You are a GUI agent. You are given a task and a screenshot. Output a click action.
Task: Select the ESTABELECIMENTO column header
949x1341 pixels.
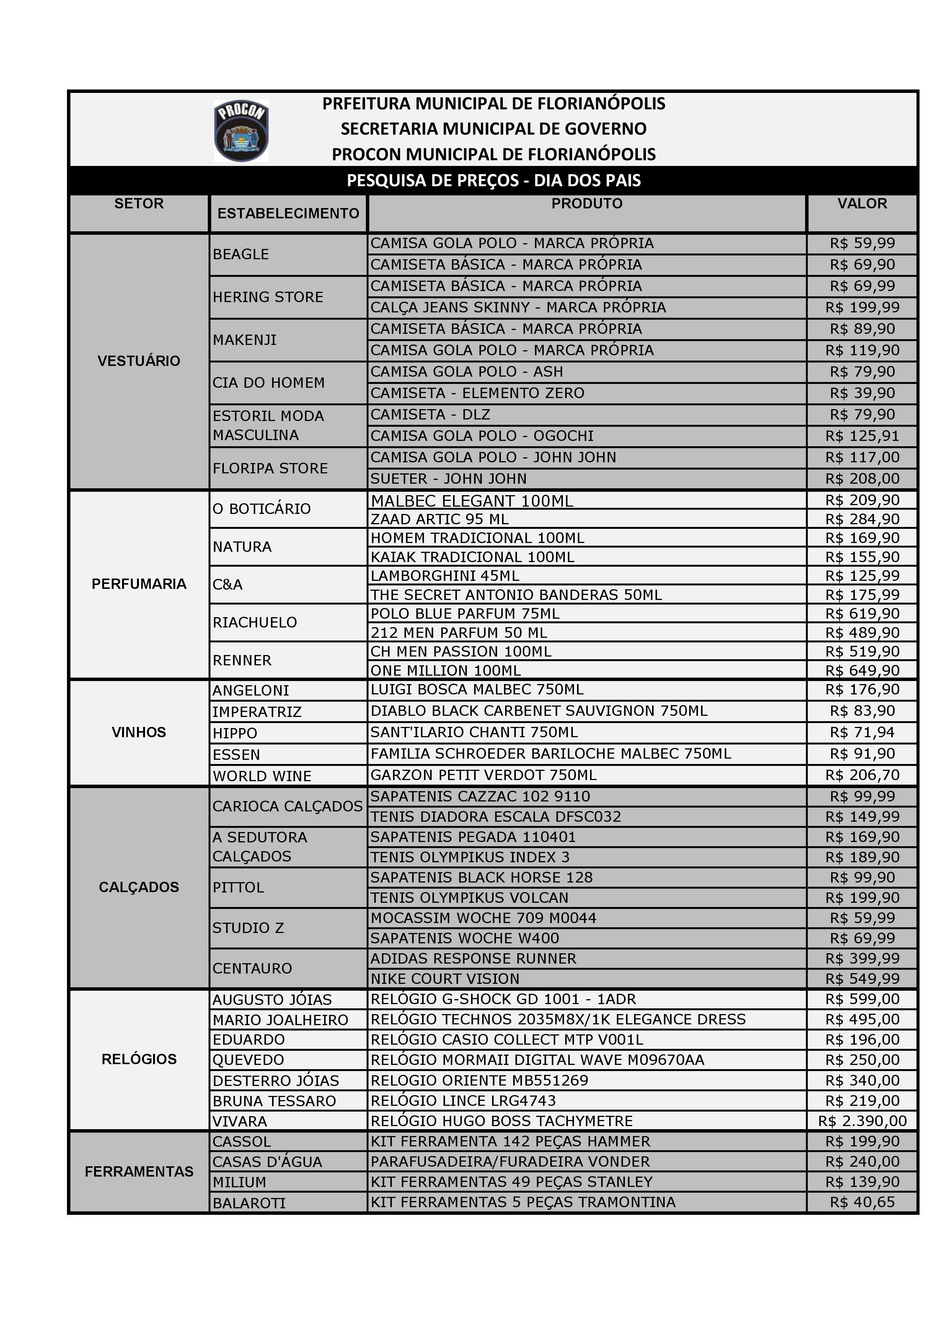tap(288, 214)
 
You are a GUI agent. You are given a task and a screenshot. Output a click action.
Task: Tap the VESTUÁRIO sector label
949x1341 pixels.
tap(139, 361)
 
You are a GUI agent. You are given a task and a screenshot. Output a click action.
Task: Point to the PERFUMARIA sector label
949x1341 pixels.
tap(139, 584)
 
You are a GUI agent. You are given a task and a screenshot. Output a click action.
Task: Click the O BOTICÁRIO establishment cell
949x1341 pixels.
tap(261, 509)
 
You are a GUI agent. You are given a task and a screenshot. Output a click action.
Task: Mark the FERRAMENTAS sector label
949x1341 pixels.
tap(139, 1172)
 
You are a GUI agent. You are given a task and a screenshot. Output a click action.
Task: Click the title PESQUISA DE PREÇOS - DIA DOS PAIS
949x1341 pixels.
tap(493, 180)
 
